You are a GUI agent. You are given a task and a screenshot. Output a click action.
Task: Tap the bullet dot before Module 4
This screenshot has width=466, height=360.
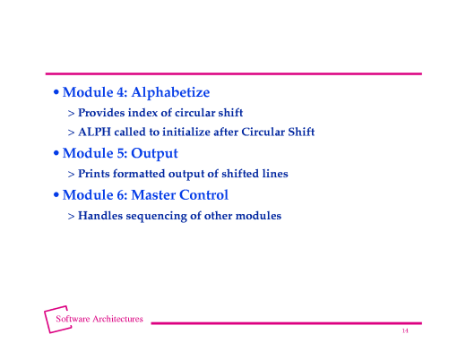click(x=56, y=92)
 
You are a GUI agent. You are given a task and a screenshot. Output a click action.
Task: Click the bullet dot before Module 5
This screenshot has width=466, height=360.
click(x=56, y=153)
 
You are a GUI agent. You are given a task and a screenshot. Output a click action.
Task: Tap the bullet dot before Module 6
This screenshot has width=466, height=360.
click(x=56, y=195)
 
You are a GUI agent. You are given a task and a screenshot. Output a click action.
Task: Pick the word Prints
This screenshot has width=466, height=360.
click(x=95, y=174)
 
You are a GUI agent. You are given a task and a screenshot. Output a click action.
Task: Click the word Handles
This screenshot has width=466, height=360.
click(x=100, y=216)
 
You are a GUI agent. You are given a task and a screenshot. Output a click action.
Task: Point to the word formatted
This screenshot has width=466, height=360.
click(x=147, y=174)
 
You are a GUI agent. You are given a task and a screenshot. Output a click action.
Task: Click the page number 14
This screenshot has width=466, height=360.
click(x=405, y=331)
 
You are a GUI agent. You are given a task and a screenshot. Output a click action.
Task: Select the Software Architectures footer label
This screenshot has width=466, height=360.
click(x=99, y=319)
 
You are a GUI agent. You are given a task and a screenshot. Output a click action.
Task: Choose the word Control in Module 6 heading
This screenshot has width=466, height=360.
click(x=203, y=194)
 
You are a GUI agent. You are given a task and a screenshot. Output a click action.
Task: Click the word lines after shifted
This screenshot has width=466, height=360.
click(x=273, y=174)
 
